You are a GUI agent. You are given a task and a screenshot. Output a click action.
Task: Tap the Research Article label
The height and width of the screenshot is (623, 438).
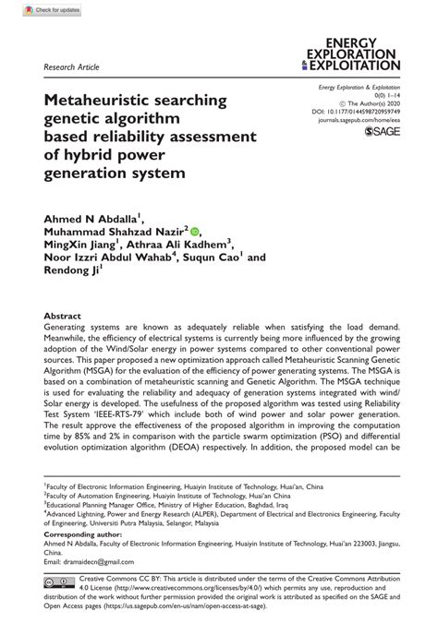(71, 67)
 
